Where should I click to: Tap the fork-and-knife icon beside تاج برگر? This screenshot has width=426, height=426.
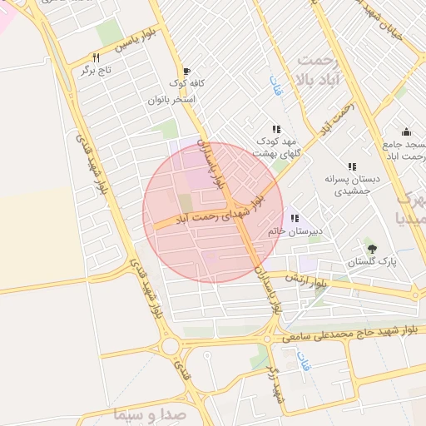[x=97, y=58]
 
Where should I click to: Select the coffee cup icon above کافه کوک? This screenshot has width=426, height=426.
[x=186, y=72]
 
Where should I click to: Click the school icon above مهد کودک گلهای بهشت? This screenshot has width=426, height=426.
[x=276, y=130]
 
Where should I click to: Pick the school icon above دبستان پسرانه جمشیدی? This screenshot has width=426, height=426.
[x=352, y=166]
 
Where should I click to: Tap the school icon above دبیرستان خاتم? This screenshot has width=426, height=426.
[x=295, y=218]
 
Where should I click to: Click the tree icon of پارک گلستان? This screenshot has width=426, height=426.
[x=371, y=248]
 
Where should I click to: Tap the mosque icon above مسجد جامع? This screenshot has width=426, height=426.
[x=406, y=131]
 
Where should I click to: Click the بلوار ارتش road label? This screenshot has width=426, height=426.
[x=305, y=280]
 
